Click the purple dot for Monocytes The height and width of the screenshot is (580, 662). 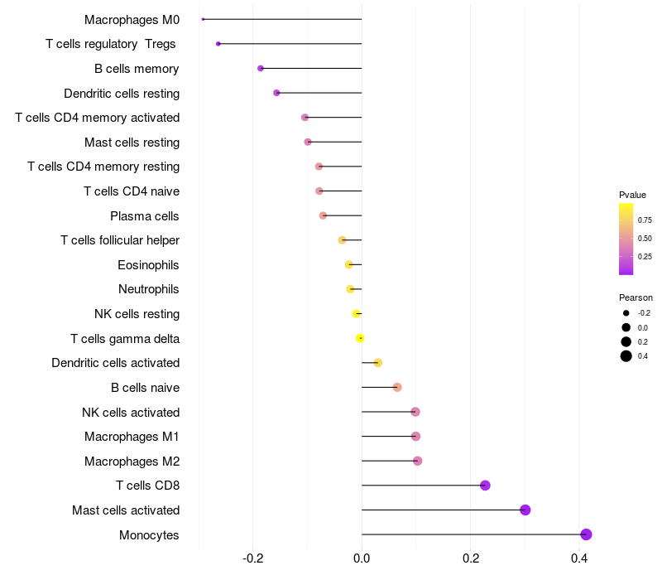pos(586,534)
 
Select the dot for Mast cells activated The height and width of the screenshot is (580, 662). pos(525,510)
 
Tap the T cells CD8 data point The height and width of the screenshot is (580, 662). pos(485,486)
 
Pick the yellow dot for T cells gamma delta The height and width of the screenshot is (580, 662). pos(360,338)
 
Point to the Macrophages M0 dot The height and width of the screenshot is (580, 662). pos(203,19)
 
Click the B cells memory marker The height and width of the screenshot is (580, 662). pos(261,68)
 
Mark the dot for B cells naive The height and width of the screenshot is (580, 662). pos(397,387)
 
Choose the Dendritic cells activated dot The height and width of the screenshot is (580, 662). pos(378,363)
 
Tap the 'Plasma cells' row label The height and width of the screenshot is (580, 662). pos(144,216)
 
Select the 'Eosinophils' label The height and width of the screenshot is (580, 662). pos(148,265)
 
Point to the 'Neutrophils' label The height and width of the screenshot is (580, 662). pos(148,289)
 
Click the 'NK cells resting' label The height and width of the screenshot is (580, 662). pos(137,314)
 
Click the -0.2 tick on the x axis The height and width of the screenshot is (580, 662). pos(252,559)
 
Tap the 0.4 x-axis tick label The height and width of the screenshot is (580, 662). pos(579,559)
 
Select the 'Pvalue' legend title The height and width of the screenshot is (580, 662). pos(632,195)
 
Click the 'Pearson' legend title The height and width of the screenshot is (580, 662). pos(636,297)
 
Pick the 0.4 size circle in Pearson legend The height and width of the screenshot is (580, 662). pos(626,356)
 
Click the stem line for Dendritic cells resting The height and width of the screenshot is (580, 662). pos(319,93)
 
